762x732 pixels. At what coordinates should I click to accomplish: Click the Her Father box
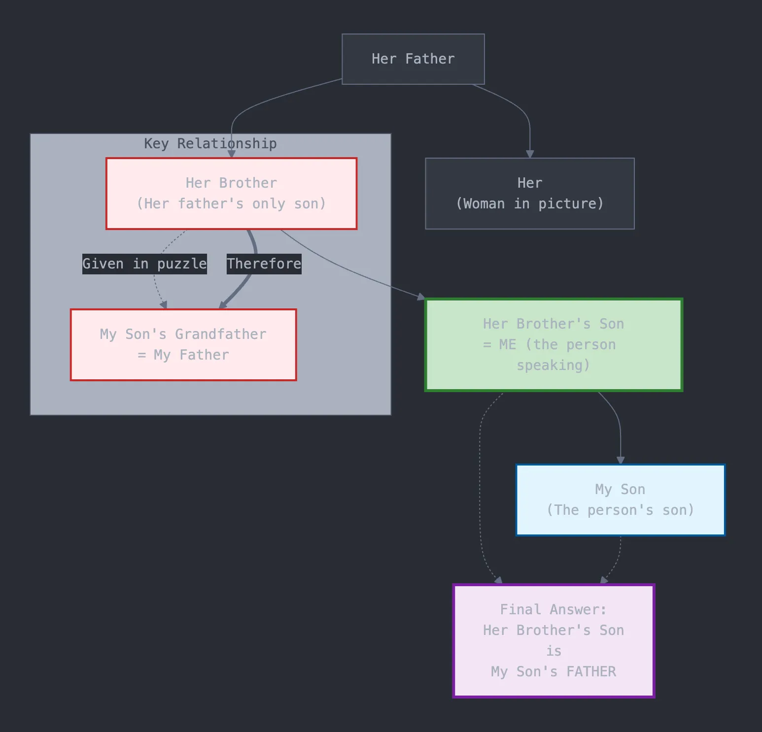click(x=413, y=59)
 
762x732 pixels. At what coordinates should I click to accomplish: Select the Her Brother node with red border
click(x=231, y=194)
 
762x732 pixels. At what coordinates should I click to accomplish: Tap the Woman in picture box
click(x=530, y=194)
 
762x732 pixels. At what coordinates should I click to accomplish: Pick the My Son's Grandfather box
click(x=183, y=345)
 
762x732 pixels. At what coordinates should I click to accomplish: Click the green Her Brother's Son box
click(x=554, y=345)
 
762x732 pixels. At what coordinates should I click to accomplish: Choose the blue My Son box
click(x=621, y=500)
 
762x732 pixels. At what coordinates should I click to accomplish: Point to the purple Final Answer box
click(x=554, y=641)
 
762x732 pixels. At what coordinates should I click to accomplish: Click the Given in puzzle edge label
click(x=144, y=264)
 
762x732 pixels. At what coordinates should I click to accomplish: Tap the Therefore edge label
click(x=264, y=264)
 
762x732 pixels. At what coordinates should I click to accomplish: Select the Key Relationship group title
click(x=210, y=143)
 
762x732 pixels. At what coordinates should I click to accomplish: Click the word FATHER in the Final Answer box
click(x=591, y=671)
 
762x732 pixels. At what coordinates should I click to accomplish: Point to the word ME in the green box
click(x=508, y=344)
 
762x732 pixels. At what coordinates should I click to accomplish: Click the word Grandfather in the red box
click(x=221, y=334)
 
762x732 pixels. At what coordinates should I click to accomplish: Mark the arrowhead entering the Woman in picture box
click(x=530, y=155)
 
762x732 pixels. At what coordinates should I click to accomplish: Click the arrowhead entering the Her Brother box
click(x=231, y=154)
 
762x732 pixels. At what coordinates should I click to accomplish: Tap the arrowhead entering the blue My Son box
click(x=621, y=461)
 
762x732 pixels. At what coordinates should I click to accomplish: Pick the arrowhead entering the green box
click(x=421, y=297)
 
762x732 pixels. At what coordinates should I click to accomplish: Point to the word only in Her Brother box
click(x=269, y=204)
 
